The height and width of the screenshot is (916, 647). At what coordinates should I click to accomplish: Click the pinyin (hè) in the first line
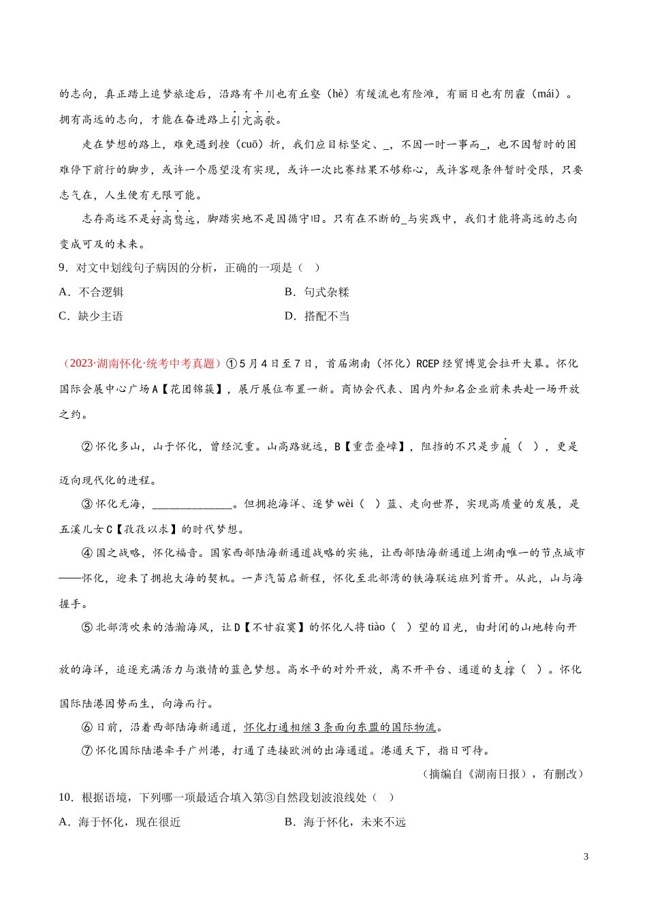coord(338,94)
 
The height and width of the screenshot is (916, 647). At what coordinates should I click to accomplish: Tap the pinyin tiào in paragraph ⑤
coord(376,627)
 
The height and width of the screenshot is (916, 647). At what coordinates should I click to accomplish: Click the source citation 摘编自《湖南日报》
coord(478,774)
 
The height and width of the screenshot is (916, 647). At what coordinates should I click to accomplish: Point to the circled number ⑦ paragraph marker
coord(87,750)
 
